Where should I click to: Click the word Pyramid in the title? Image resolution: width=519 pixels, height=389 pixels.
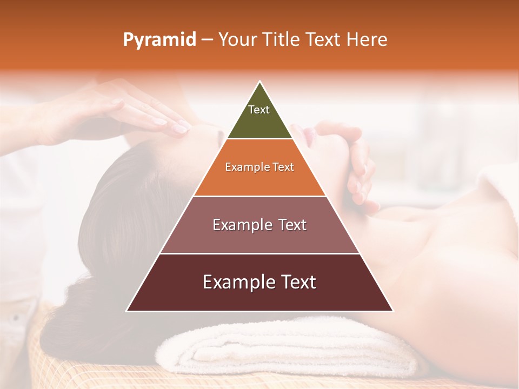click(x=159, y=40)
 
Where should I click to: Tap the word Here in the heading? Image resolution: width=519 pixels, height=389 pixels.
click(x=367, y=40)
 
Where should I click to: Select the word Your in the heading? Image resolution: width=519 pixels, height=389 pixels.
click(x=238, y=40)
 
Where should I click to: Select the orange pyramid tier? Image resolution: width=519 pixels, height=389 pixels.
click(x=259, y=181)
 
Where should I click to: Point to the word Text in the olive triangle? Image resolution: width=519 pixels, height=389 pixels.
click(x=259, y=110)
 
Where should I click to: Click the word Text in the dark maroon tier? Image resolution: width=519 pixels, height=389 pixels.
click(x=295, y=282)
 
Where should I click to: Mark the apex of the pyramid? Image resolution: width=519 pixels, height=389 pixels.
click(x=260, y=83)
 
